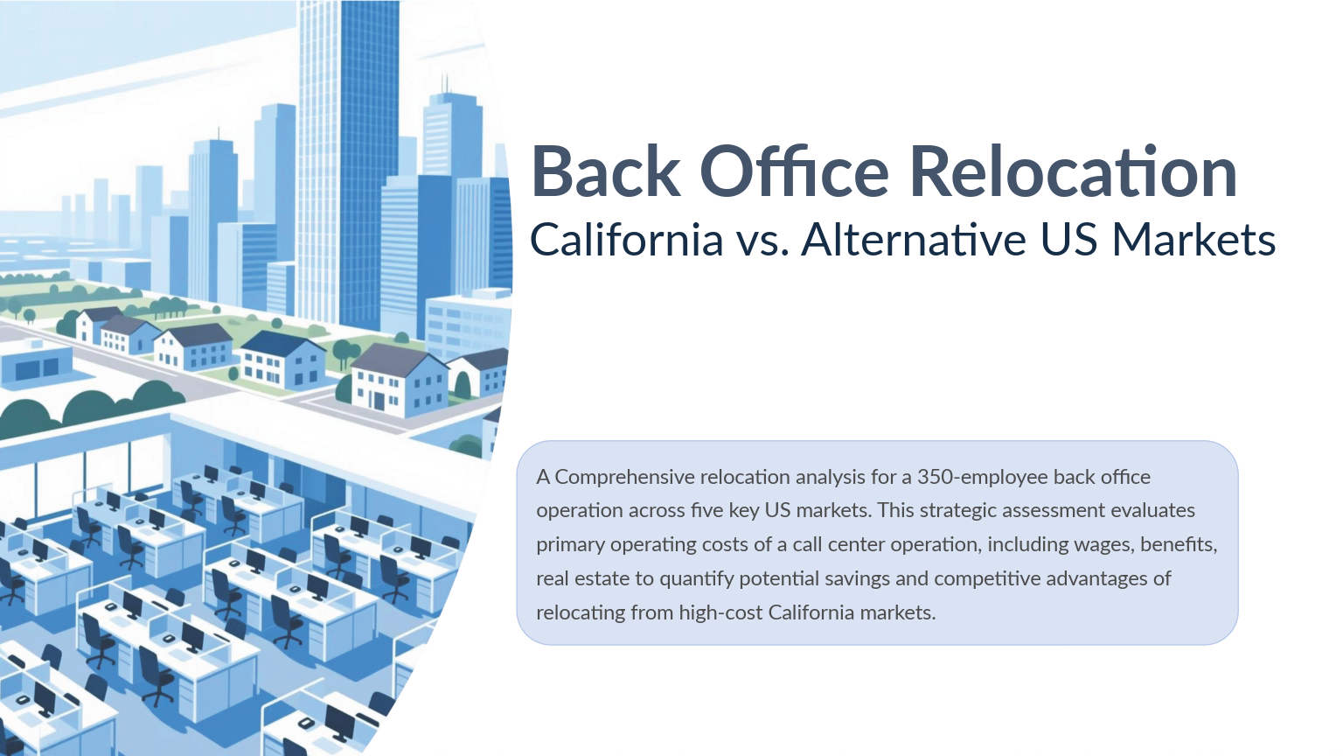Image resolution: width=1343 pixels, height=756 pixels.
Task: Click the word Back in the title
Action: click(605, 171)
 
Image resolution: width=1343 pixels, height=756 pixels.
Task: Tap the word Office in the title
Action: click(794, 171)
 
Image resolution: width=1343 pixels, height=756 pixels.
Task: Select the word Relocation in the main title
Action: click(1073, 171)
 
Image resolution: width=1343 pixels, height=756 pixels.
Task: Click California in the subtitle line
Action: click(626, 240)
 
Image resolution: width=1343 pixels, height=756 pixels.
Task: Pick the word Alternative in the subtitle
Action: click(914, 240)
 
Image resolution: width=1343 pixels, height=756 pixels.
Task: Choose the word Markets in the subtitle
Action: click(1193, 240)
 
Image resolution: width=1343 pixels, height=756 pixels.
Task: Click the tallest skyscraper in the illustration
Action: click(347, 157)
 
